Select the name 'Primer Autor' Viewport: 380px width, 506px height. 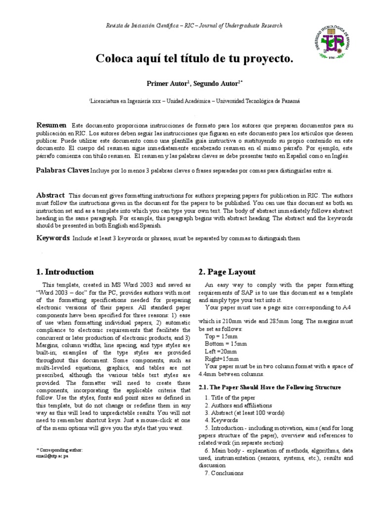pos(168,84)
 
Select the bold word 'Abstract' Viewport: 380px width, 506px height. pos(51,195)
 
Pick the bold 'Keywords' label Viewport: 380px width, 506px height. pos(53,238)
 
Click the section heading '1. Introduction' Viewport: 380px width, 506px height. pos(65,272)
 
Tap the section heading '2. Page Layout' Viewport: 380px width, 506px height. pos(227,272)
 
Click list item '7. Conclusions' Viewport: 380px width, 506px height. pos(224,473)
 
